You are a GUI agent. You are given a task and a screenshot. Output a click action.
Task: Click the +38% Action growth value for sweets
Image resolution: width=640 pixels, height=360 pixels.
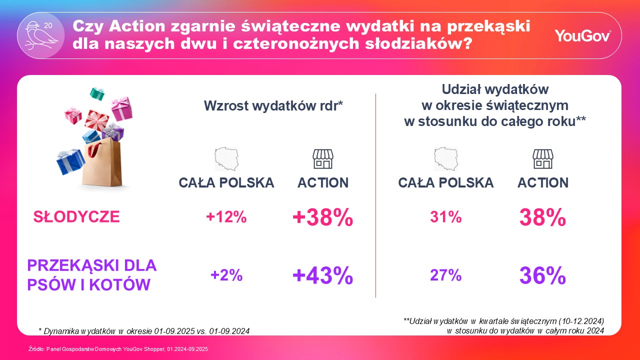coord(323,217)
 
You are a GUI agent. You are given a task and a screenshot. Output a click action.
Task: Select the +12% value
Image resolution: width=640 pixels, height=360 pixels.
coord(226,217)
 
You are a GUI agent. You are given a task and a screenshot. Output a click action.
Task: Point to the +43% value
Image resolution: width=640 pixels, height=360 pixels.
coord(323,275)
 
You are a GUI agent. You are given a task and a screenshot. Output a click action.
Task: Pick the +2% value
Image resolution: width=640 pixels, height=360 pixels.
coord(226,275)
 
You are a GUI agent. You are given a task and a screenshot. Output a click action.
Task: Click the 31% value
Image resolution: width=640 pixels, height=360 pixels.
coord(445,217)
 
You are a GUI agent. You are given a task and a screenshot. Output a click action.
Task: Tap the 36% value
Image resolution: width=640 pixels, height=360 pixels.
coord(542,275)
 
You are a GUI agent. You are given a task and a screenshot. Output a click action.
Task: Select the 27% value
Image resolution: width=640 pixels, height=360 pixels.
coord(445,275)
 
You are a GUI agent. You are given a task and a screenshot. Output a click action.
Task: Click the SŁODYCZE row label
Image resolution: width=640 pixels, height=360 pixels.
coord(76,217)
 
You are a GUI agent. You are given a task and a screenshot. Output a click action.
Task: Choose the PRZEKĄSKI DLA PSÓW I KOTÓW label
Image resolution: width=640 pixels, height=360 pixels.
coord(91,275)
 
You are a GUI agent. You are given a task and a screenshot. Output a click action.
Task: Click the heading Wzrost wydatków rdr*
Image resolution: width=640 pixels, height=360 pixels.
coord(272,106)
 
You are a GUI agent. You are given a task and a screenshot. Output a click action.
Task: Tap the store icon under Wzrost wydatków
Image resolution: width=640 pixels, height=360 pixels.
coord(322,158)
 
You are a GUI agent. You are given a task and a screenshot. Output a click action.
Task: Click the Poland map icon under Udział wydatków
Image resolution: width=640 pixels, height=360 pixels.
coord(445,158)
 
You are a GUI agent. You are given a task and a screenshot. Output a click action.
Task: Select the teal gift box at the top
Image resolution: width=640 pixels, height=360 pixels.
coord(97,93)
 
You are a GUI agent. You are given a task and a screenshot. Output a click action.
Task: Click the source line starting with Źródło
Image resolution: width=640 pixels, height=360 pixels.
coord(118,349)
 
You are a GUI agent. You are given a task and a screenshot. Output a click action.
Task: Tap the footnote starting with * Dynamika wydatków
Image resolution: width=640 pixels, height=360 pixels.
coord(144,330)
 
